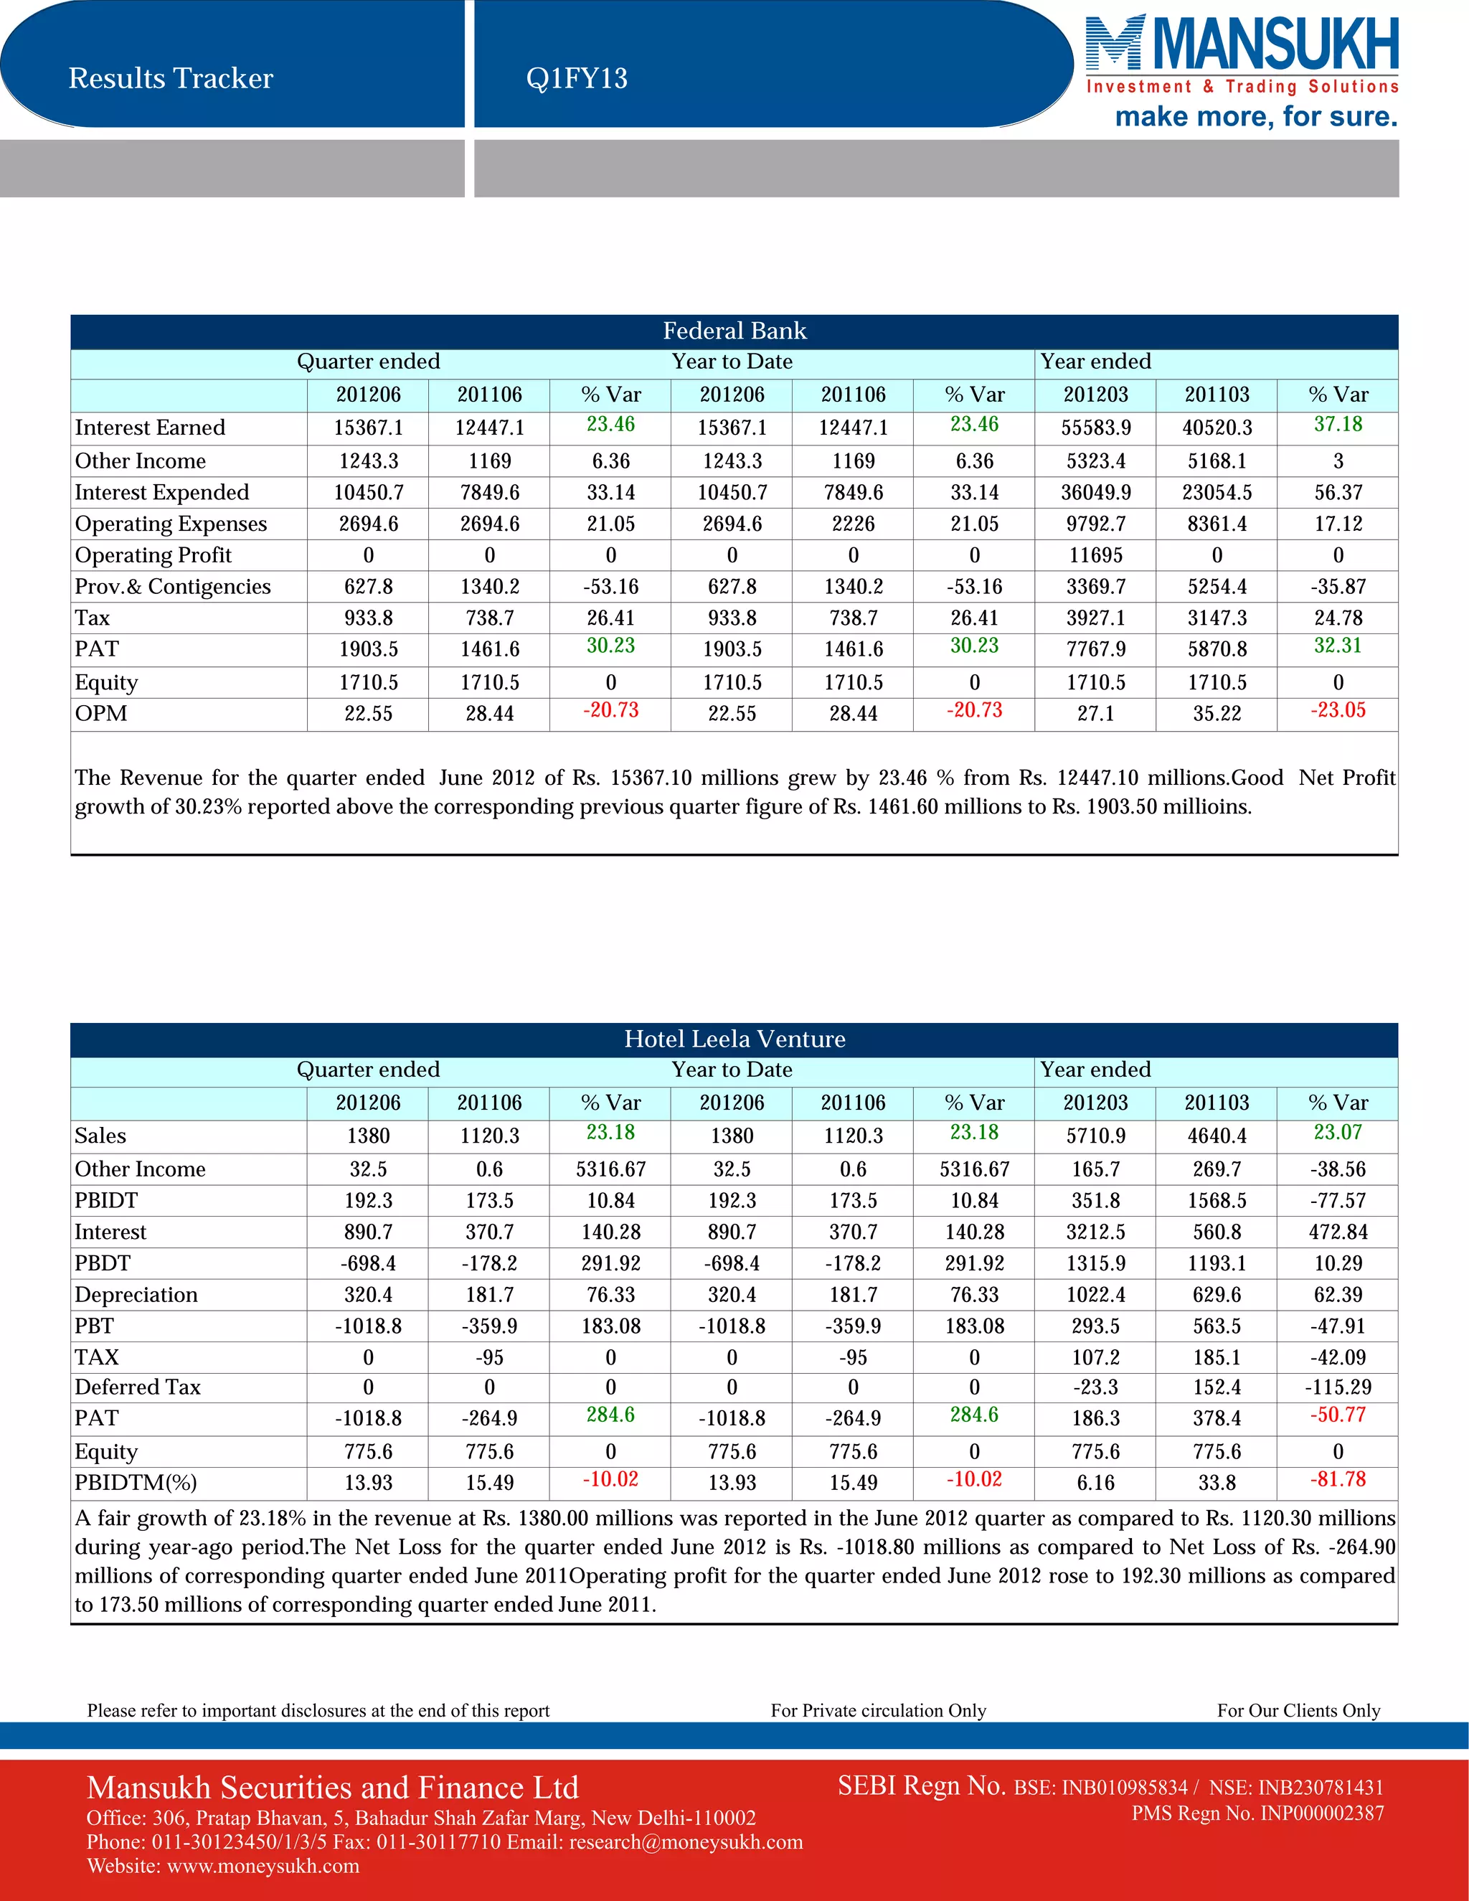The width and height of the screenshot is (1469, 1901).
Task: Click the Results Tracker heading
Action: [171, 78]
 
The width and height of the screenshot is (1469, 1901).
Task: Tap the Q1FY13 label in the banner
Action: [576, 78]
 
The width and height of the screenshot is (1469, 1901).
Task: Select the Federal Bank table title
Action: [734, 331]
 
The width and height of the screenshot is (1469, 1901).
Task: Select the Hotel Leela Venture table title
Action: [734, 1039]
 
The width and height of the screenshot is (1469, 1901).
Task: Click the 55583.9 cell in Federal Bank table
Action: [1096, 428]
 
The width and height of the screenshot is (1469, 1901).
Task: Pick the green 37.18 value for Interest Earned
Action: [1338, 424]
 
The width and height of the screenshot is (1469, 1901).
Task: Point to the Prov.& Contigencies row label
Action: [172, 587]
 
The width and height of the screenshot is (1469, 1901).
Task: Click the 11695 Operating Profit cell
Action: [1096, 555]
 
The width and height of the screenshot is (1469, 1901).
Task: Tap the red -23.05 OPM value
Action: [1338, 710]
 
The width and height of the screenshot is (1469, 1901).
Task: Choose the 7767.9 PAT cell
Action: [1096, 649]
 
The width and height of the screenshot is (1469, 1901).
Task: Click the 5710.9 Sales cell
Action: [1096, 1136]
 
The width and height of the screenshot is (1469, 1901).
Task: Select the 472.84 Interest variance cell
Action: [1338, 1232]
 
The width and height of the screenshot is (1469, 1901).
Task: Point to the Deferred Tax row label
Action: [138, 1387]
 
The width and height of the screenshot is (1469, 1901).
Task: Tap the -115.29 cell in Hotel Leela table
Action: [1338, 1387]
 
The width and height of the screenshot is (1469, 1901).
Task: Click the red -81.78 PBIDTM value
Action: [1338, 1479]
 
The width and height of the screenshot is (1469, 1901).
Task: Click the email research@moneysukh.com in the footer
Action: [686, 1841]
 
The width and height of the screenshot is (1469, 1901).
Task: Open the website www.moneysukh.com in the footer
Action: [263, 1866]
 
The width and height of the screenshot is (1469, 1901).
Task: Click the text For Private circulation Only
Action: [878, 1710]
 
